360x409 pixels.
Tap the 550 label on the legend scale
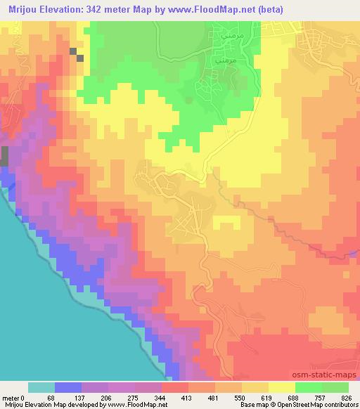click(x=240, y=397)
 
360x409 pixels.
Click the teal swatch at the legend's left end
click(x=41, y=387)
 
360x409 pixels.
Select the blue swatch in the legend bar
click(x=68, y=387)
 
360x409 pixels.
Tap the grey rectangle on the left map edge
click(x=4, y=156)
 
